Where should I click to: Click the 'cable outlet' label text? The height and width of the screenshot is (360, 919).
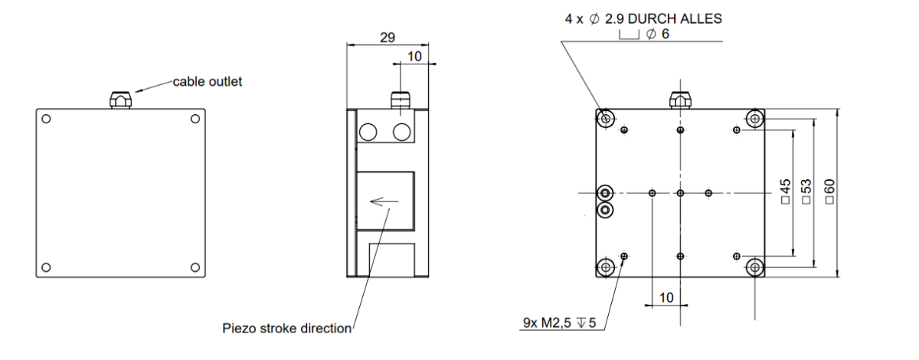pyautogui.click(x=208, y=82)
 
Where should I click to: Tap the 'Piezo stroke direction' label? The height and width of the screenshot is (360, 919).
pyautogui.click(x=286, y=329)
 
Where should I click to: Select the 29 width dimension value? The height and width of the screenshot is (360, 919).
pyautogui.click(x=388, y=38)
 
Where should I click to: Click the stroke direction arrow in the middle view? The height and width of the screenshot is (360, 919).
pyautogui.click(x=384, y=201)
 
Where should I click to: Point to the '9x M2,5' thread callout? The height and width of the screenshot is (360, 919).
pyautogui.click(x=547, y=323)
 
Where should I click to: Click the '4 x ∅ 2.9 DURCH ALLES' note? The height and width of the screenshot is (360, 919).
pyautogui.click(x=643, y=19)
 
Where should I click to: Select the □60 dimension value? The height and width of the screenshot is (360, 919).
pyautogui.click(x=829, y=191)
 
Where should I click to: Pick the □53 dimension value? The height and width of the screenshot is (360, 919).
pyautogui.click(x=806, y=191)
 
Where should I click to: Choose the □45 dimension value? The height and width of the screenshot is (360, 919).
pyautogui.click(x=785, y=191)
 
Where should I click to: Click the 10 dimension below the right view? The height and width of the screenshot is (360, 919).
pyautogui.click(x=666, y=298)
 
